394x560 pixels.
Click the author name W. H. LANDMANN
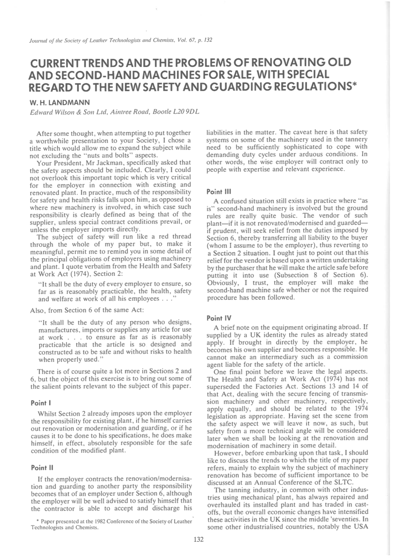coord(60,103)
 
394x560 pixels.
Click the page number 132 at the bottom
coord(198,539)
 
